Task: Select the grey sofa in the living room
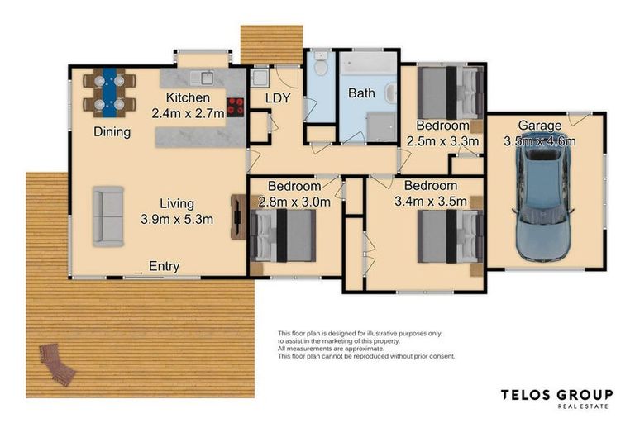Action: tap(107, 216)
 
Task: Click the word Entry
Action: tap(164, 266)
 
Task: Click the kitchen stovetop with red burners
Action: tap(236, 105)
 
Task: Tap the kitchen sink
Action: tap(201, 78)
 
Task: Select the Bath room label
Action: tap(361, 93)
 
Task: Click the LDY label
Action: tap(278, 98)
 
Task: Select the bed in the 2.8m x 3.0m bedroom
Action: tap(283, 234)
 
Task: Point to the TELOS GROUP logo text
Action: tap(557, 395)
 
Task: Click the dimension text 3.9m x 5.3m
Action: tap(178, 219)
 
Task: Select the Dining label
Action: tap(111, 131)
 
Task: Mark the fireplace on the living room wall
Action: tap(237, 216)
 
